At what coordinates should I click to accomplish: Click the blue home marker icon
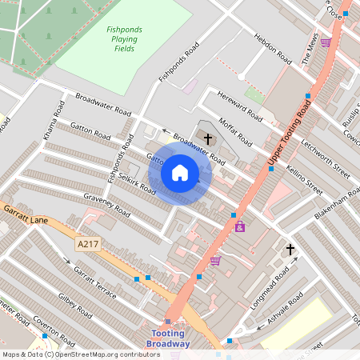click(180, 172)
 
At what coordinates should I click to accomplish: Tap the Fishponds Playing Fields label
click(124, 39)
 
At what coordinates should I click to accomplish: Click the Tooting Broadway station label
click(168, 338)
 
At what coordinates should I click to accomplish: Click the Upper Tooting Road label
click(289, 136)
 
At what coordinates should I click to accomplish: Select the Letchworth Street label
click(326, 158)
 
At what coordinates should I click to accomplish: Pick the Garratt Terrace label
click(95, 282)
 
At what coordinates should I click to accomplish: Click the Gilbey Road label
click(78, 308)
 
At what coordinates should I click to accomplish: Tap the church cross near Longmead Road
click(290, 250)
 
